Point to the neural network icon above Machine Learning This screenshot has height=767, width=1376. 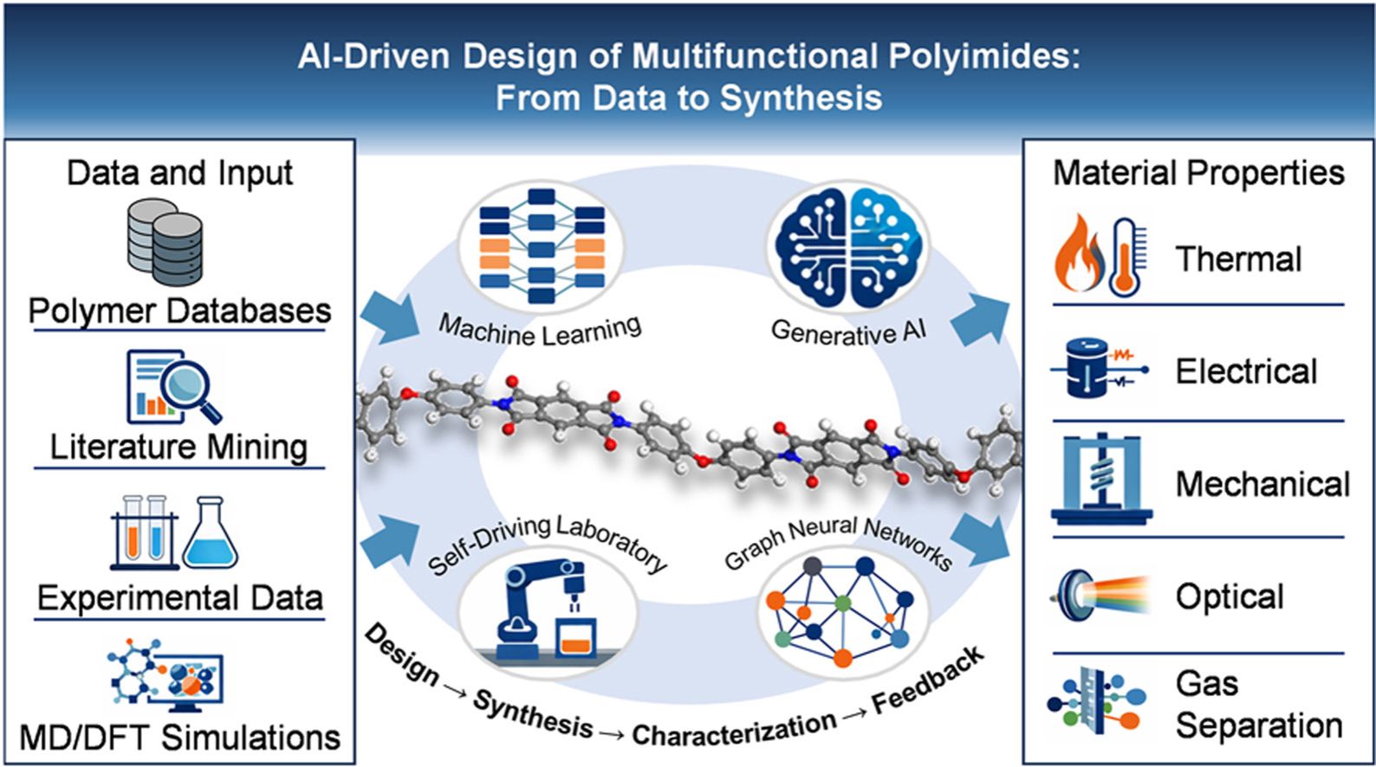point(542,245)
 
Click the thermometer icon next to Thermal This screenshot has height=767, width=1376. point(1126,256)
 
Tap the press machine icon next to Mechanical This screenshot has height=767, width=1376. point(1100,480)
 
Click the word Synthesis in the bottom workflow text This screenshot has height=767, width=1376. point(532,712)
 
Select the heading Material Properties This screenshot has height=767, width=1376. point(1198,173)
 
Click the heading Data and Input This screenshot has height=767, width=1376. point(179,173)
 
